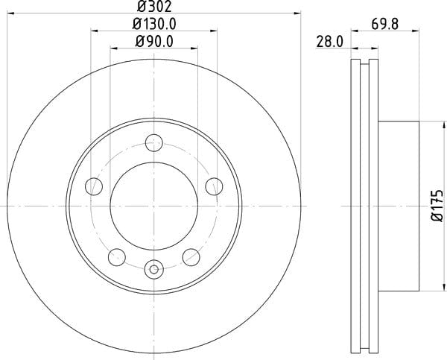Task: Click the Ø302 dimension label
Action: click(154, 6)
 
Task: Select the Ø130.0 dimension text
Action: click(154, 24)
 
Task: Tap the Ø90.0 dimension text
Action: click(154, 42)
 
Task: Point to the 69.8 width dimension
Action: click(385, 24)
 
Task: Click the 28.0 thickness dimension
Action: click(330, 42)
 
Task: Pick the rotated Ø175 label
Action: click(437, 206)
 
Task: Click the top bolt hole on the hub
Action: click(154, 142)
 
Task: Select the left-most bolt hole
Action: click(94, 186)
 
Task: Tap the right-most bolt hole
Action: click(214, 186)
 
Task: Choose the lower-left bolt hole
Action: click(117, 257)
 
